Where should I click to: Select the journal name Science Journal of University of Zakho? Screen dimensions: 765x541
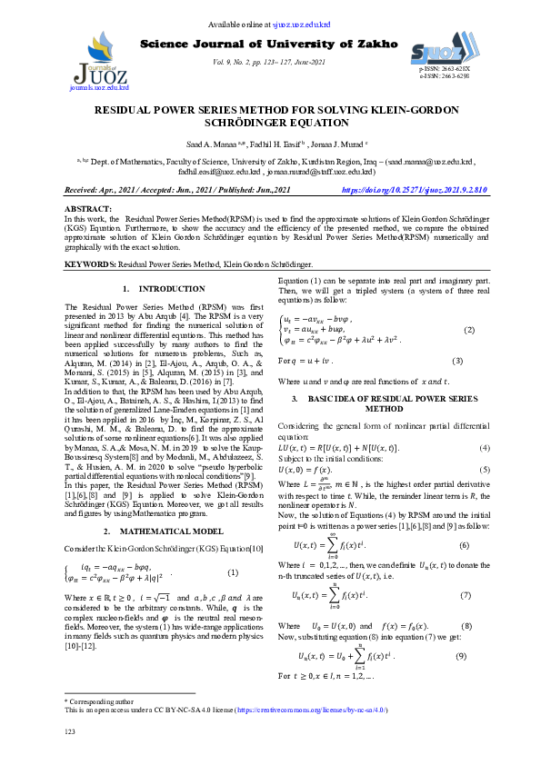tap(269, 44)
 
